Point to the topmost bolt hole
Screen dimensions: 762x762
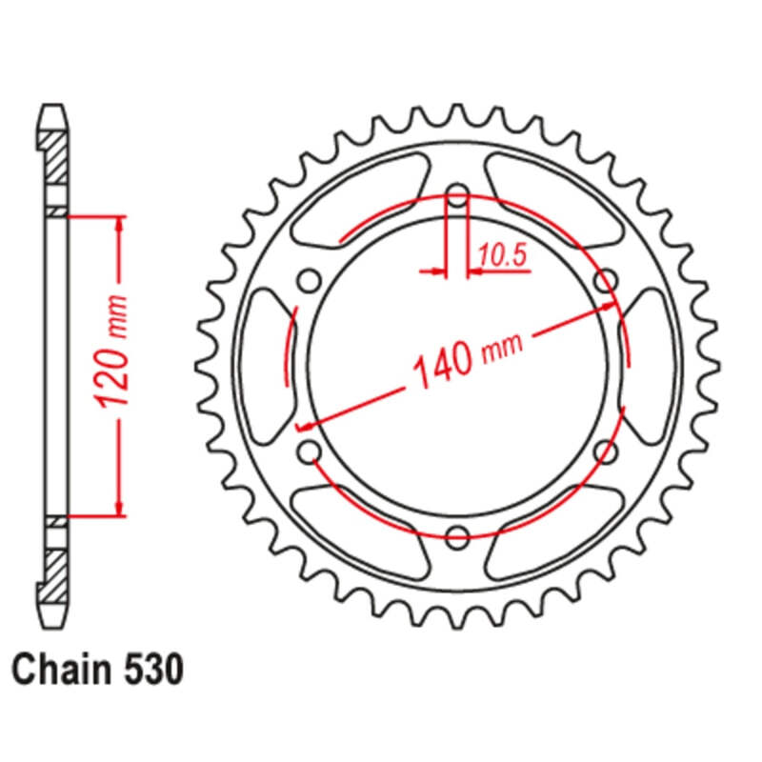[x=457, y=198]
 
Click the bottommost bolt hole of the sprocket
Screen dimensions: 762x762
[x=457, y=534]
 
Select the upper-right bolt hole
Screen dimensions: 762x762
[x=604, y=281]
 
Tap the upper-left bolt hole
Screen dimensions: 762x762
[x=310, y=281]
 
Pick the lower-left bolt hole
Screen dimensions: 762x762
[x=310, y=451]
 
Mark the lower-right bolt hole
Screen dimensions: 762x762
[x=604, y=451]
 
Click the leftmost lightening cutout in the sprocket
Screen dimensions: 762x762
[x=266, y=367]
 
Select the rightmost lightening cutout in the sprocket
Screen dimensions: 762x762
[x=648, y=367]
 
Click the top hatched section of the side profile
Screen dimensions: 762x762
[x=56, y=158]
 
